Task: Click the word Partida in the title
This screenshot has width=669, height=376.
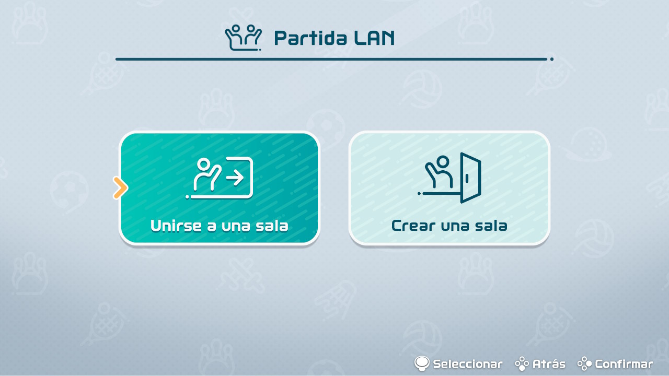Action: [310, 38]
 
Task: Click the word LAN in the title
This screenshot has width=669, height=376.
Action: [374, 38]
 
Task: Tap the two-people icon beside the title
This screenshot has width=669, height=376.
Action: [244, 38]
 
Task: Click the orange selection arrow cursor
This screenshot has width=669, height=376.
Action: [120, 187]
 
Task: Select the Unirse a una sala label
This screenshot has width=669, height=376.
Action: [219, 226]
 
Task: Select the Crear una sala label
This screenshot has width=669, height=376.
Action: [449, 226]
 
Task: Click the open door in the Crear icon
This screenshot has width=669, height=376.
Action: [471, 178]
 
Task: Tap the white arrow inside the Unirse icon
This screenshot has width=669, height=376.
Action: [235, 178]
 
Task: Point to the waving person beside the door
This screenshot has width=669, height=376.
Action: [439, 172]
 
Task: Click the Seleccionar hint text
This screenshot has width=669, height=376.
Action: [468, 364]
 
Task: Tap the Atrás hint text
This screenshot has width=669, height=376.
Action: [549, 364]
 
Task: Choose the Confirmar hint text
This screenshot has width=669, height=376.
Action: [624, 364]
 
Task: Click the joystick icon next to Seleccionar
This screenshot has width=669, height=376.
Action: [422, 363]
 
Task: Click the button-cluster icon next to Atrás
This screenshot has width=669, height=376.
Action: [522, 364]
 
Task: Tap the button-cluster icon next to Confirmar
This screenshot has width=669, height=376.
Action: [584, 364]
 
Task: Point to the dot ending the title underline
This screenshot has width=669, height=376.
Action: [551, 59]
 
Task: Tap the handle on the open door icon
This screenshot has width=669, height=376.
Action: [467, 179]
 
